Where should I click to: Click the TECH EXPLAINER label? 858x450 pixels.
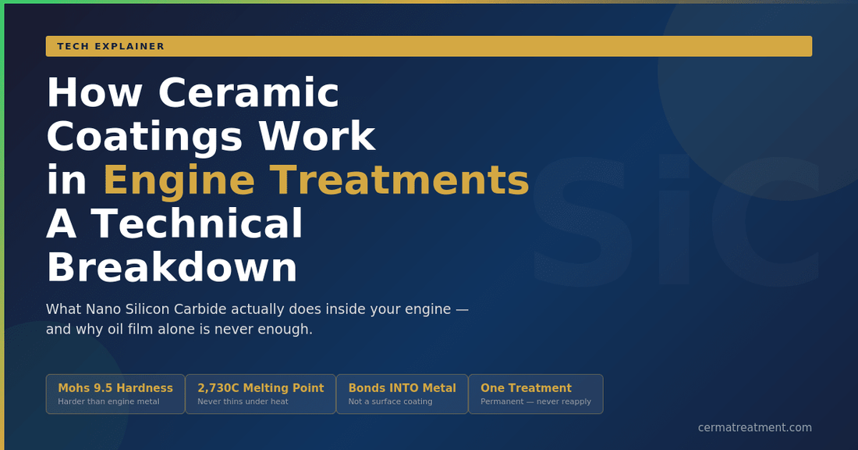pyautogui.click(x=111, y=46)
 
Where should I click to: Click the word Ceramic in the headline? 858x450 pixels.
pyautogui.click(x=249, y=93)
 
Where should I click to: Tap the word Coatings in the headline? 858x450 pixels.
pyautogui.click(x=145, y=137)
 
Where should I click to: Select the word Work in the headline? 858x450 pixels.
pyautogui.click(x=317, y=137)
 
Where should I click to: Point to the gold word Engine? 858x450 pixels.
pyautogui.click(x=179, y=180)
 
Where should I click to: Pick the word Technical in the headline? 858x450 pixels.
pyautogui.click(x=197, y=224)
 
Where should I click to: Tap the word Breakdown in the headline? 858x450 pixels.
pyautogui.click(x=172, y=268)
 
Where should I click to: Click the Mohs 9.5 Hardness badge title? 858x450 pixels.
pyautogui.click(x=115, y=388)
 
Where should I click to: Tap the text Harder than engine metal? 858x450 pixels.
pyautogui.click(x=108, y=402)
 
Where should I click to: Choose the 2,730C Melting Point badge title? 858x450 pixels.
pyautogui.click(x=261, y=388)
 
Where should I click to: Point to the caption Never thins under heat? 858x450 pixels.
pyautogui.click(x=243, y=402)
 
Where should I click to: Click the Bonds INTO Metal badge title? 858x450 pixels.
pyautogui.click(x=402, y=388)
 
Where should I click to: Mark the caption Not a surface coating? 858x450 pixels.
pyautogui.click(x=390, y=402)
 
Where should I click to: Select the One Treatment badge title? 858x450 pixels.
pyautogui.click(x=526, y=388)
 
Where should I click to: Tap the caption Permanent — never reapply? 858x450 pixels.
pyautogui.click(x=535, y=402)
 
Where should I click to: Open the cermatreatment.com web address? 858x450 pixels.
pyautogui.click(x=754, y=427)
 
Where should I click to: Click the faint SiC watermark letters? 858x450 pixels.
pyautogui.click(x=675, y=223)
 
